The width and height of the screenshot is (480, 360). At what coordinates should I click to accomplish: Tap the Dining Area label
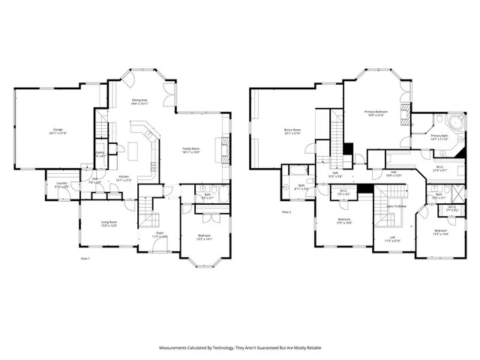point(139,99)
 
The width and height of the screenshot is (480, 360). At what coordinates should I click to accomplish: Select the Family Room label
point(192,148)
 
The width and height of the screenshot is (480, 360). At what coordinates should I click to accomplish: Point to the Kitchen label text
point(124,177)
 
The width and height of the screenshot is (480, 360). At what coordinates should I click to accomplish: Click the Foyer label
point(160,233)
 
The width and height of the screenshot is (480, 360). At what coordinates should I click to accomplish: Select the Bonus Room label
point(292,130)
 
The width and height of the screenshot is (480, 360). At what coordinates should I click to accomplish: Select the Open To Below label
point(396,205)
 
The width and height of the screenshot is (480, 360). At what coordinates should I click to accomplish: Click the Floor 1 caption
point(85,258)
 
